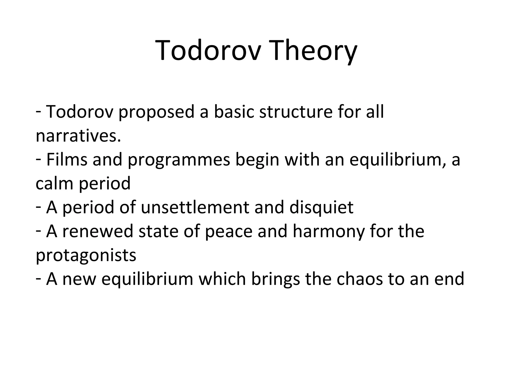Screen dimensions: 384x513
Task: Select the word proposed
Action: click(x=156, y=112)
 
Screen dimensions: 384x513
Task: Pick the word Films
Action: click(x=67, y=159)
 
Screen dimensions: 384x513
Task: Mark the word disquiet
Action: click(x=321, y=207)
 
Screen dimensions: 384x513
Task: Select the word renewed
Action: click(x=98, y=231)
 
